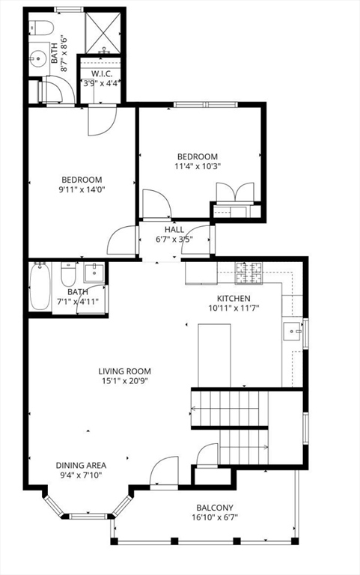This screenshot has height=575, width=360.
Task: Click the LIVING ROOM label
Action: [x=125, y=371]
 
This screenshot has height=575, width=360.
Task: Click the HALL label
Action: [x=174, y=230]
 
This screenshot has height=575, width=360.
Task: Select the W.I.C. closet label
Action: [x=102, y=73]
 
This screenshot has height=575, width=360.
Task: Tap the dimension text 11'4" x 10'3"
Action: [x=198, y=166]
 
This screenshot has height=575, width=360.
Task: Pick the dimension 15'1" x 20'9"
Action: [x=125, y=381]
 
